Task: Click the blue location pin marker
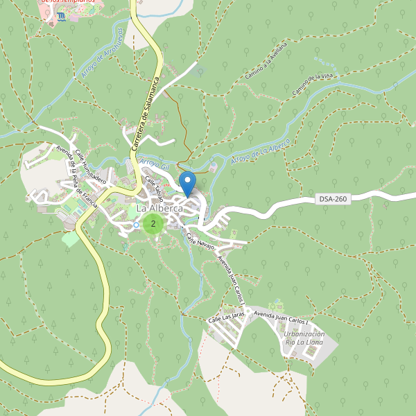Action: pos(187,183)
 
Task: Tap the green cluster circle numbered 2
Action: pos(153,223)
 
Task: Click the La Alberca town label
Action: pos(159,208)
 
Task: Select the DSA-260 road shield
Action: pos(333,199)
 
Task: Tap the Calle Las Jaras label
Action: pos(227,316)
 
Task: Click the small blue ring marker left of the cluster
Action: pos(137,225)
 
